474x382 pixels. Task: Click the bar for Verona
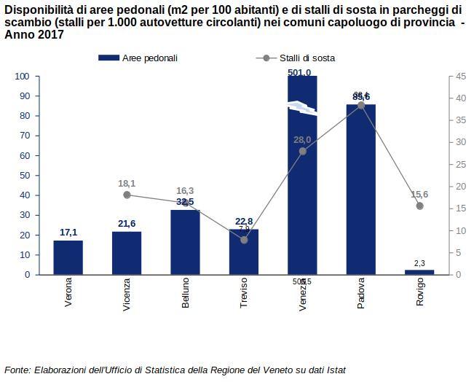pos(68,257)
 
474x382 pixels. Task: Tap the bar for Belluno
pos(185,242)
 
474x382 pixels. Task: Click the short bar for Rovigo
pos(419,272)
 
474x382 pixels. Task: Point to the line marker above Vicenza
pos(127,195)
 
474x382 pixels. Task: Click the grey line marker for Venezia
pos(303,151)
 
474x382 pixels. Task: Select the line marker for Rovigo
pos(419,206)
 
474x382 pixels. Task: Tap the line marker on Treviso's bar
pos(244,240)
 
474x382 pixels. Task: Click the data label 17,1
pos(68,233)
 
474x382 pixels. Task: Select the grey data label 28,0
pos(302,139)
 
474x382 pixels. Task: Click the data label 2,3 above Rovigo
pos(419,262)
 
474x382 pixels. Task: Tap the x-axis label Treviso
pos(244,292)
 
